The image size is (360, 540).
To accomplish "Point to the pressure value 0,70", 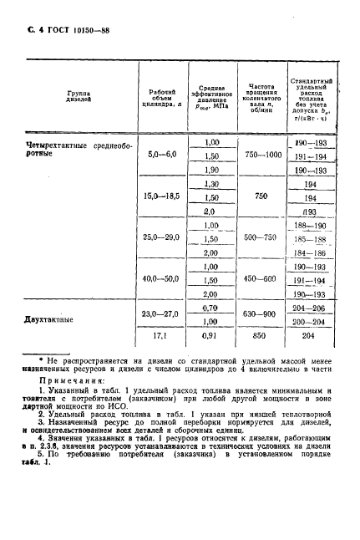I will point(211,308).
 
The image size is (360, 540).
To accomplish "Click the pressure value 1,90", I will point(211,170).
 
